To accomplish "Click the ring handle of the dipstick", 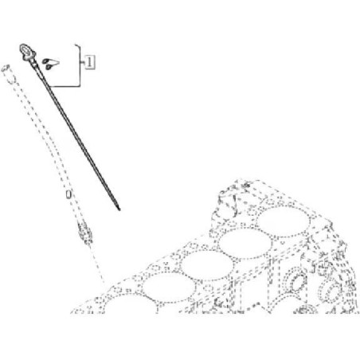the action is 25,49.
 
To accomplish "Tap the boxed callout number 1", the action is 90,63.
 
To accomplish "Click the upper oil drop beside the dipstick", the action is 46,61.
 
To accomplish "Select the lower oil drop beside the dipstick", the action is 49,67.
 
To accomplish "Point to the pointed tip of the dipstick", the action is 119,209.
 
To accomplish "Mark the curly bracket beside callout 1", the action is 79,65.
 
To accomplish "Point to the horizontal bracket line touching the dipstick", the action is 64,87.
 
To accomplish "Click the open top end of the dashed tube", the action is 6,68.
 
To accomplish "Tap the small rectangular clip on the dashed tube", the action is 68,194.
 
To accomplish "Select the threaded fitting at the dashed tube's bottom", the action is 85,233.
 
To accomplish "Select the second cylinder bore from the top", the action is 245,244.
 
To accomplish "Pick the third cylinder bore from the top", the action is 207,265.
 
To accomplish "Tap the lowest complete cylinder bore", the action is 169,288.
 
